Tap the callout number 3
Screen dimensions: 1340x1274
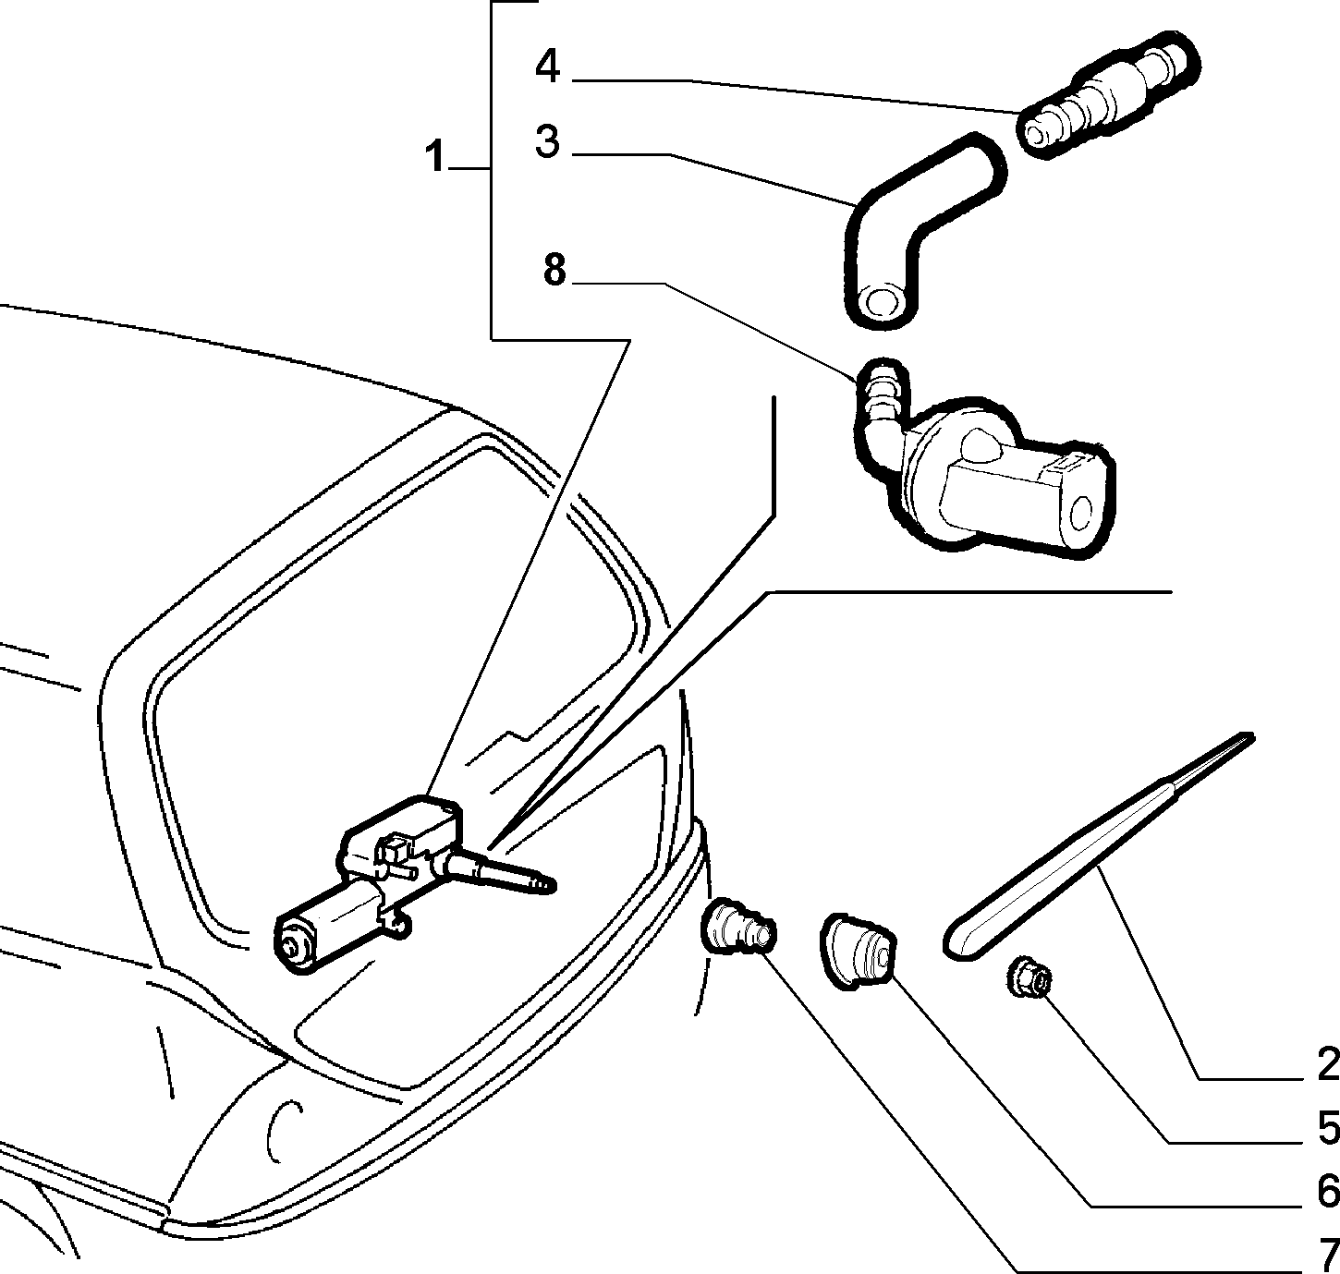547,141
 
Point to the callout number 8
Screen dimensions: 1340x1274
554,269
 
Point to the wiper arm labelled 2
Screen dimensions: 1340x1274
1097,846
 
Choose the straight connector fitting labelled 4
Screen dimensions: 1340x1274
1108,95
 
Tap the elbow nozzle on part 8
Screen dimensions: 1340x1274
879,416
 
